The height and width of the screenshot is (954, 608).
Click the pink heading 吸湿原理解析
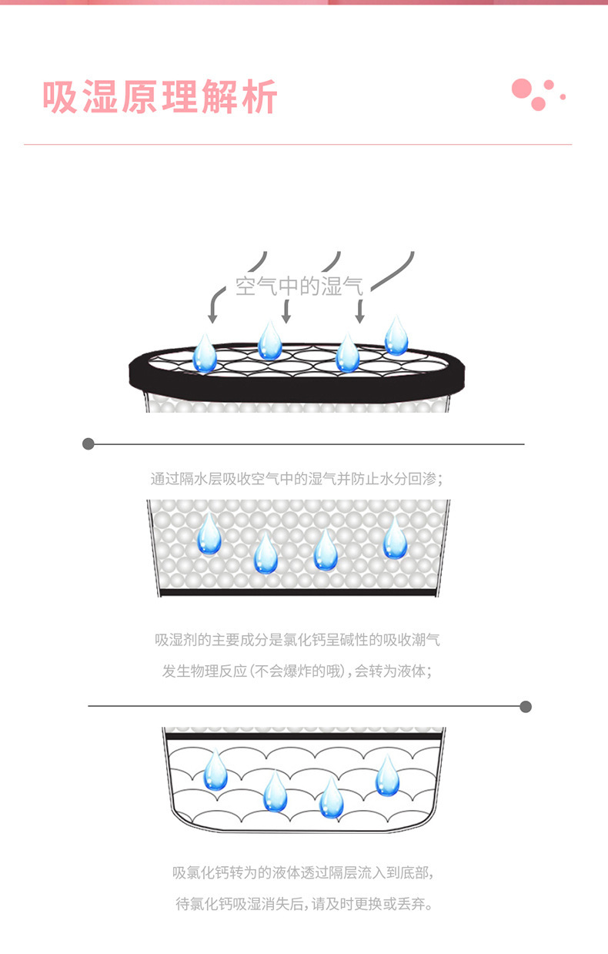tap(159, 97)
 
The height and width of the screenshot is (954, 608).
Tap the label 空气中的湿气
tap(299, 287)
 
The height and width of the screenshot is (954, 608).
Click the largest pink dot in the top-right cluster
tap(522, 89)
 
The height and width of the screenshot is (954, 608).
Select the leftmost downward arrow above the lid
tap(213, 313)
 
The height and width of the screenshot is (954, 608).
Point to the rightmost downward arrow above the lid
tap(359, 313)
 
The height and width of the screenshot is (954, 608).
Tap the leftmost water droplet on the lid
tap(205, 353)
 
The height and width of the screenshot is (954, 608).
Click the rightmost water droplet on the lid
tap(396, 336)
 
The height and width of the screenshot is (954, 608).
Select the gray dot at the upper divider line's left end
tap(89, 444)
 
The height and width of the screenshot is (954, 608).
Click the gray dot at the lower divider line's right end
tap(526, 706)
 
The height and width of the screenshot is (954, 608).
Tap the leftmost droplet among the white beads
tap(209, 534)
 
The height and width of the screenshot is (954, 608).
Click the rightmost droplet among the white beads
tap(395, 538)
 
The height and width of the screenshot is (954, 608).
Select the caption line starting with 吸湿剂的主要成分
tap(297, 640)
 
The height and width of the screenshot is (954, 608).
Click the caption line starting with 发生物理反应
tap(297, 671)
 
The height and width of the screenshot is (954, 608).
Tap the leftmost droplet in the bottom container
tap(215, 771)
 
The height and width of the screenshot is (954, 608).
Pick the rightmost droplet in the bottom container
tap(387, 775)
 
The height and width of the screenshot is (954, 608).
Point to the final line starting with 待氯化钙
tap(303, 904)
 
